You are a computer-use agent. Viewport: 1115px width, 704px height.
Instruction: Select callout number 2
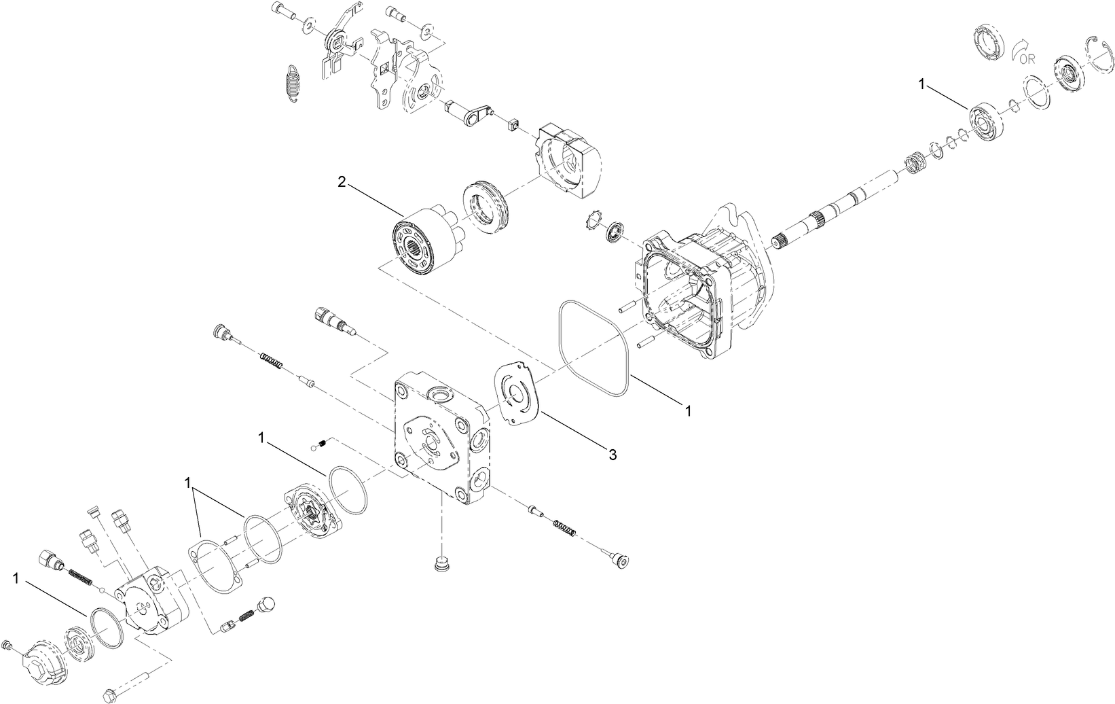pos(342,182)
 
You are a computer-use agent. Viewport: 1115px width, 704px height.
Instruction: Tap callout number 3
pos(613,455)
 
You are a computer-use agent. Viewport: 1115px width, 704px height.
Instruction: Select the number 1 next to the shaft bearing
pos(922,85)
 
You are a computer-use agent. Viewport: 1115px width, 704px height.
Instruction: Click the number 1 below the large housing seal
pos(689,411)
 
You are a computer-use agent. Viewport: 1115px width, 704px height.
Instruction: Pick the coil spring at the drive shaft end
pos(915,164)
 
